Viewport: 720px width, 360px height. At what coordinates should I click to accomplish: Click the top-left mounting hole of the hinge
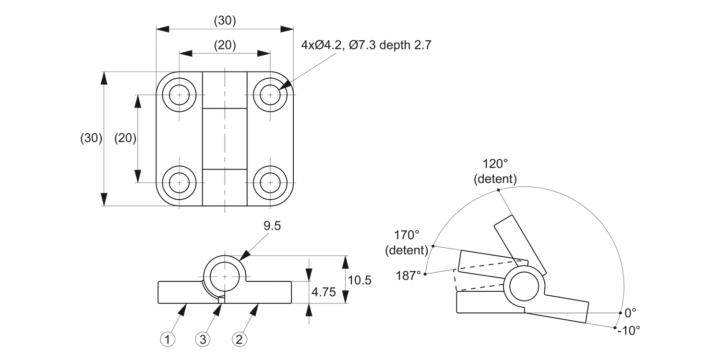pyautogui.click(x=180, y=95)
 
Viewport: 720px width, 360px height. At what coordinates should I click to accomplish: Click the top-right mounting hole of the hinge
pyautogui.click(x=270, y=95)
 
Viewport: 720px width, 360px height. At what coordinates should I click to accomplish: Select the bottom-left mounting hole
pyautogui.click(x=180, y=183)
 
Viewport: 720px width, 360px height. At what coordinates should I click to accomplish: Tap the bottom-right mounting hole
pyautogui.click(x=270, y=183)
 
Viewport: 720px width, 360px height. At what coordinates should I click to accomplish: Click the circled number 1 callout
pyautogui.click(x=168, y=340)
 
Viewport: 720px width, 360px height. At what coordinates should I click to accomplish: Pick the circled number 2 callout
pyautogui.click(x=240, y=340)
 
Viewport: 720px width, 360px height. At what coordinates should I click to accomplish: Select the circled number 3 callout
pyautogui.click(x=203, y=340)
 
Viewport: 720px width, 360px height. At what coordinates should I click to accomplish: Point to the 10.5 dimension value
pyautogui.click(x=360, y=280)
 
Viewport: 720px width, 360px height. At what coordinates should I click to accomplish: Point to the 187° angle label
pyautogui.click(x=408, y=276)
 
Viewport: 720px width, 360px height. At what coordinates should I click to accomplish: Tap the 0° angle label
pyautogui.click(x=630, y=313)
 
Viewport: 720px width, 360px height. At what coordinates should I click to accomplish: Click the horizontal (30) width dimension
pyautogui.click(x=225, y=21)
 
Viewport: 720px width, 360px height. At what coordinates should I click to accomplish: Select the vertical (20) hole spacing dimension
pyautogui.click(x=125, y=138)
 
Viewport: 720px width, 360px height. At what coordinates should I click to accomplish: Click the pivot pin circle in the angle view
pyautogui.click(x=524, y=287)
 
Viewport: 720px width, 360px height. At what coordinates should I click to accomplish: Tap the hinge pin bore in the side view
pyautogui.click(x=225, y=277)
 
